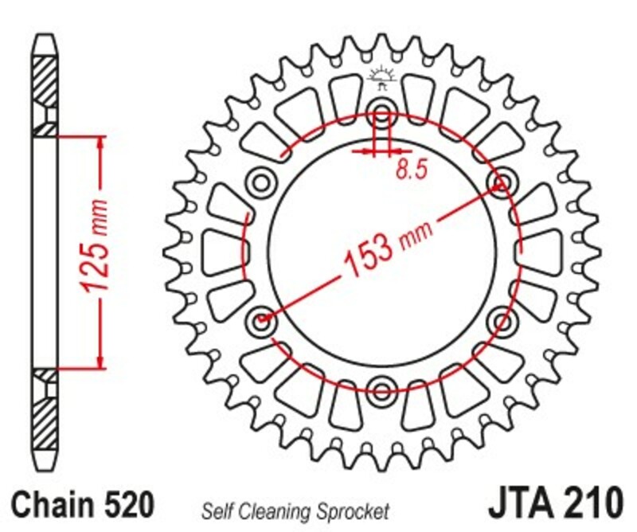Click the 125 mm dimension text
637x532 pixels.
click(94, 252)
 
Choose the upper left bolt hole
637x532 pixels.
click(261, 182)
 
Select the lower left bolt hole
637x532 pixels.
click(261, 321)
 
